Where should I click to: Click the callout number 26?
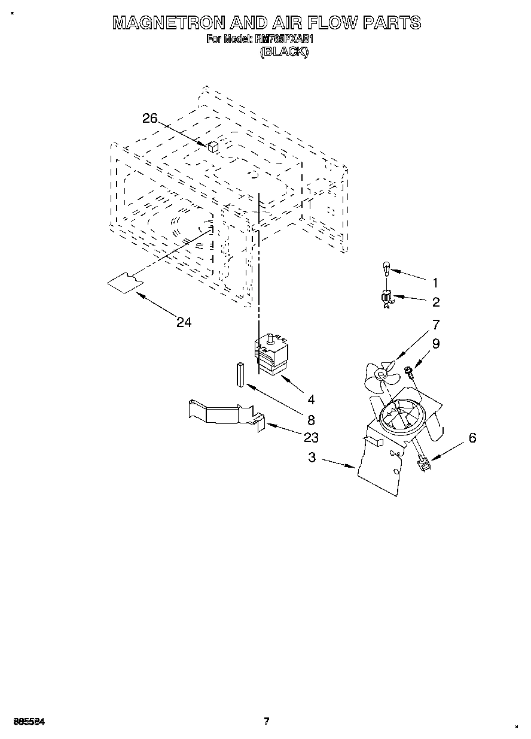pos(149,119)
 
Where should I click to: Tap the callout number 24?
pos(184,322)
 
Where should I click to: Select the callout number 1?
pos(435,283)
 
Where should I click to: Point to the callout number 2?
pos(435,301)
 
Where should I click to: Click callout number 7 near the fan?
pos(435,325)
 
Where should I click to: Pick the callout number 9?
pos(435,344)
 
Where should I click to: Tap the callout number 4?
pos(310,399)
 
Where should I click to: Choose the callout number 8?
pos(310,420)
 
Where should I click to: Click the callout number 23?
pos(310,437)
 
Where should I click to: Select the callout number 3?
pos(312,458)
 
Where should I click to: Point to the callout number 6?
pos(472,438)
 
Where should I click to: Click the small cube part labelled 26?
pos(213,146)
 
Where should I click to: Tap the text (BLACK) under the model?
pos(284,52)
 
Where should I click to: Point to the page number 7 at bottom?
pos(266,721)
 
